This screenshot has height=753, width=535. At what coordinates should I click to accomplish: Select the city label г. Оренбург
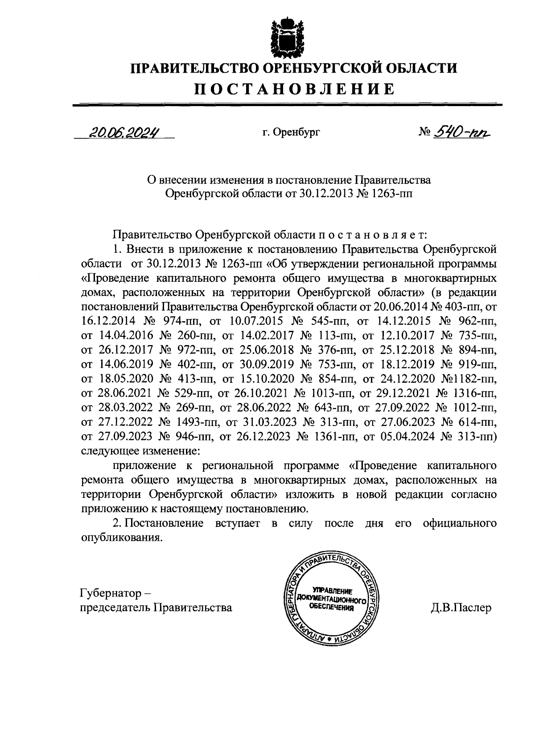coord(291,132)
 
